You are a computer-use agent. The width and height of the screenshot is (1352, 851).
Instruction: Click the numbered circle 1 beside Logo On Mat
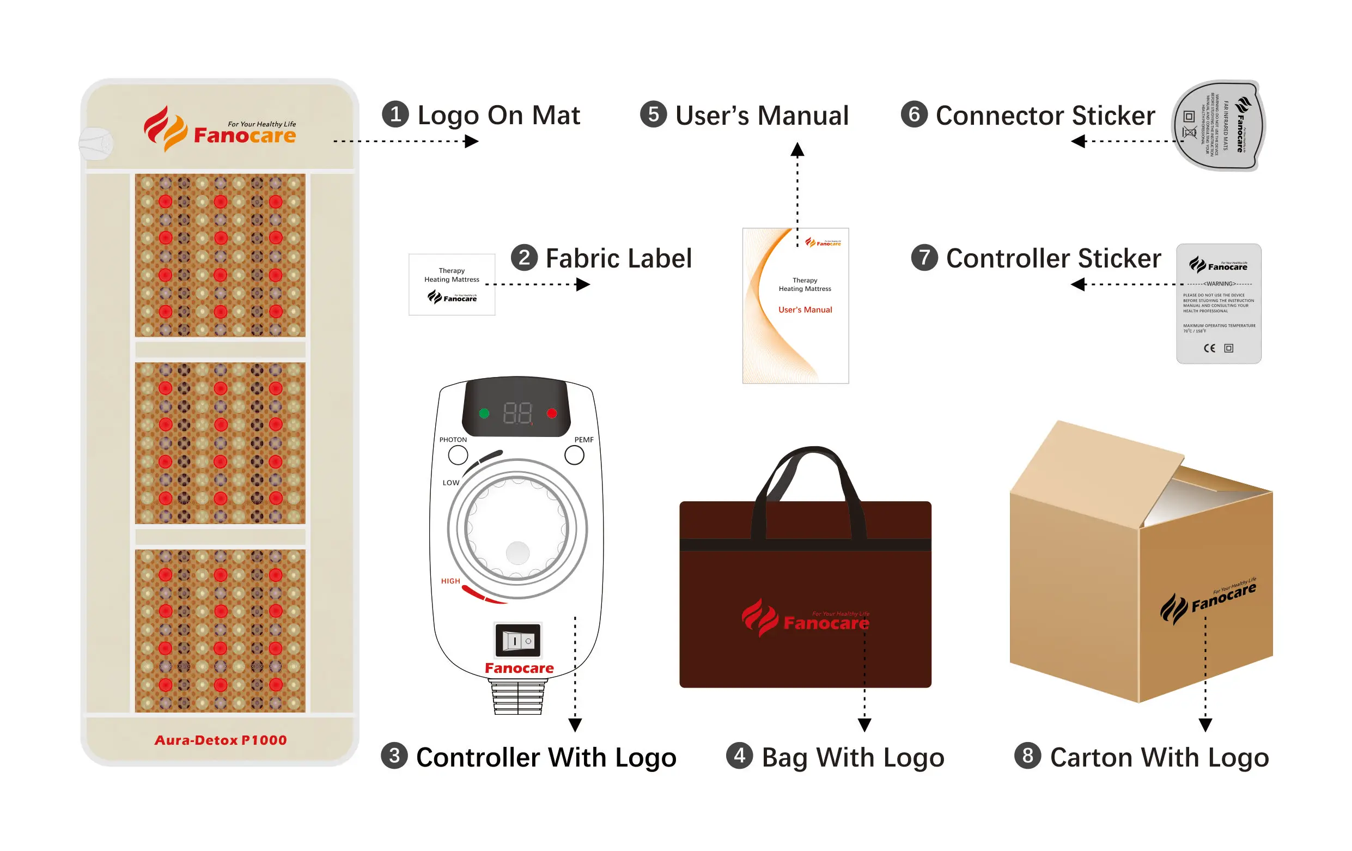pos(395,114)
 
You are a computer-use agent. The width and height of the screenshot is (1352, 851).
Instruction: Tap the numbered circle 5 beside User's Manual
pos(653,114)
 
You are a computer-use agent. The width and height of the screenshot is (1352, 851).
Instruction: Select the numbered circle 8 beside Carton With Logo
pos(1027,756)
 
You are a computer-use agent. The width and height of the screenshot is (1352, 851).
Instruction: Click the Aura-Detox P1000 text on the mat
pos(221,740)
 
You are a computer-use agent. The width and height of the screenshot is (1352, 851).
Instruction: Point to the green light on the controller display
pos(484,414)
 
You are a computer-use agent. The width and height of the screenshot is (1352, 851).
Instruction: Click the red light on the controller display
pos(552,414)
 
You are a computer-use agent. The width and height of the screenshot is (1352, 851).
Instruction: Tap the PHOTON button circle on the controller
pos(458,455)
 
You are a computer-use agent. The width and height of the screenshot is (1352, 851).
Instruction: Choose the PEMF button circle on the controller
pos(574,455)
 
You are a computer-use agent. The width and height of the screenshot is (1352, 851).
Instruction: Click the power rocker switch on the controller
pos(517,640)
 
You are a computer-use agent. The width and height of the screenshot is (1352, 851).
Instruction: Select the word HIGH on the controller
pos(450,581)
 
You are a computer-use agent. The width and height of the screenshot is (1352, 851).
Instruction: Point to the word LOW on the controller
pos(451,483)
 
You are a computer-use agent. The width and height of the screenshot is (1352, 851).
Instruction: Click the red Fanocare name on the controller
pos(519,668)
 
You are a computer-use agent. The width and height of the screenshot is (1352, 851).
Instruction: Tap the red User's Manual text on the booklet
pos(805,309)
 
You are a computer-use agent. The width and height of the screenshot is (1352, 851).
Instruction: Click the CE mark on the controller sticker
pos(1209,348)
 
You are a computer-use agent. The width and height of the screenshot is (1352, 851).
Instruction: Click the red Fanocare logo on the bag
pos(806,618)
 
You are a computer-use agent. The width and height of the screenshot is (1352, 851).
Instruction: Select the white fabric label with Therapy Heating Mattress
pos(452,284)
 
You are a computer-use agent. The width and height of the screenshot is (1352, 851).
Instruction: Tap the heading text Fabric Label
pos(618,258)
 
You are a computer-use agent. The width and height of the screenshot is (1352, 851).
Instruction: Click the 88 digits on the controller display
pos(517,414)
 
